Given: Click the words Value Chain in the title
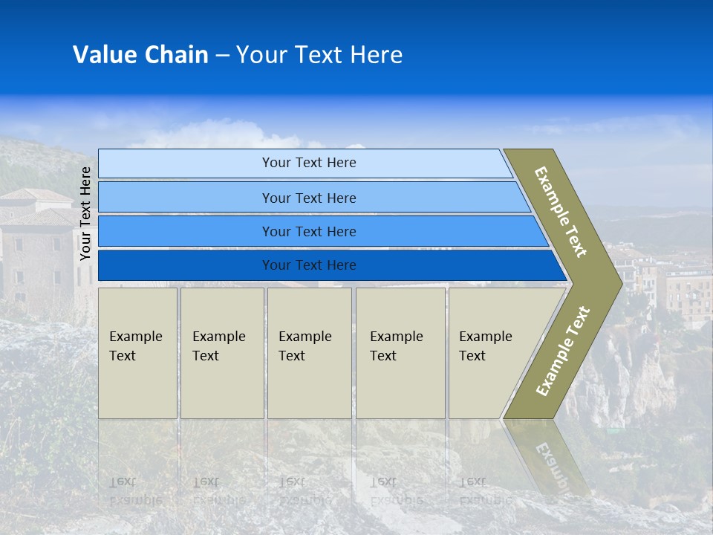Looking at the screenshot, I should tap(140, 55).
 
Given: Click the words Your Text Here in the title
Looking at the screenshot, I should tap(319, 55).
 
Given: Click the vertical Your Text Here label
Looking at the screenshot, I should tap(85, 213).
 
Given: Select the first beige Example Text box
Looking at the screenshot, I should tap(137, 353).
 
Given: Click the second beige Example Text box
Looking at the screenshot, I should tap(221, 353).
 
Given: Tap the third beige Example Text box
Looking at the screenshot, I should tap(309, 353).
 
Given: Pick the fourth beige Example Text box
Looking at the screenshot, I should tap(400, 353).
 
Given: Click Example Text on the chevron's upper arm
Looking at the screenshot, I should tap(561, 212).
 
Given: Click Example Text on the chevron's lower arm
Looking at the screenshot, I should tap(562, 351).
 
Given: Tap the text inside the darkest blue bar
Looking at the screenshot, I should tap(309, 265).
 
